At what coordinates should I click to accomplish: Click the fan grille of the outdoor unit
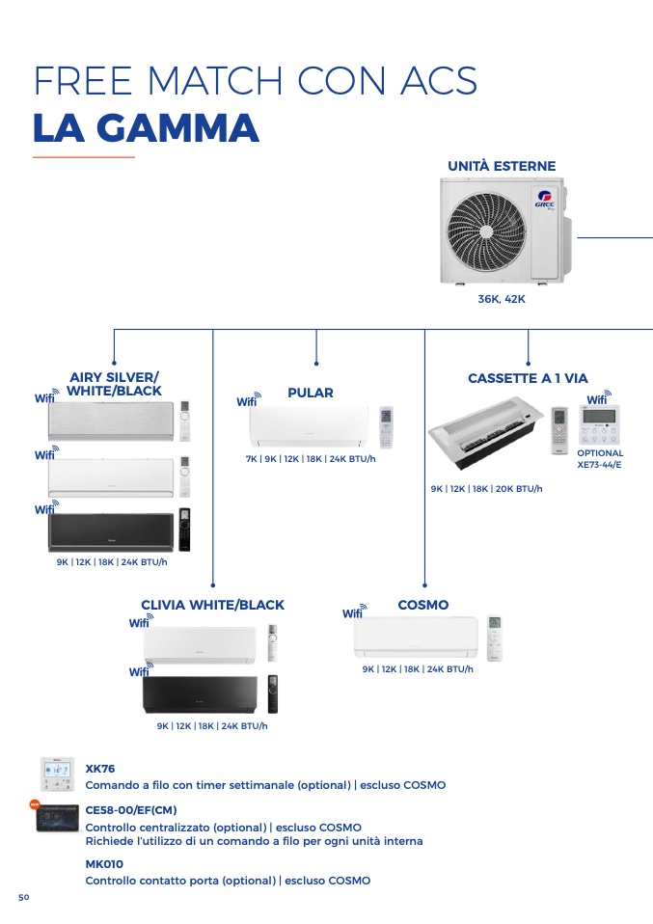[485, 231]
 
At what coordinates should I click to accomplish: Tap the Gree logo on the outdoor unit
[545, 200]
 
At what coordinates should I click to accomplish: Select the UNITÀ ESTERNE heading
[502, 166]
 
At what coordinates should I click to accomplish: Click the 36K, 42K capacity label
[502, 299]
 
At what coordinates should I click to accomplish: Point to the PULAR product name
[310, 393]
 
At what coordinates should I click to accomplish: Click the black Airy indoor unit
[111, 532]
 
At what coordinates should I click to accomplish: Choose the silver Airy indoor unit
[111, 421]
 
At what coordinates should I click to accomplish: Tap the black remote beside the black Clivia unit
[272, 694]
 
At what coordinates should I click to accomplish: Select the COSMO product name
[423, 605]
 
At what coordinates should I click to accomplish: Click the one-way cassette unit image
[485, 432]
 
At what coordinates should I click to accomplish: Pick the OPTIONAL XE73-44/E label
[600, 458]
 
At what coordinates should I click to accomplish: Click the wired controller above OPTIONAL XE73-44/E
[599, 424]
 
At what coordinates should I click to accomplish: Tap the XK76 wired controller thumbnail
[58, 775]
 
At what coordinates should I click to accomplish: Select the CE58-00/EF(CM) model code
[131, 810]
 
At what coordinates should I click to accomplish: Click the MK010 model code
[104, 864]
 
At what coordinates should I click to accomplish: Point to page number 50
[23, 897]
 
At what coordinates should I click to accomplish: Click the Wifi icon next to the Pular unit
[248, 399]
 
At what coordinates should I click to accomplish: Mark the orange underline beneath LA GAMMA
[84, 157]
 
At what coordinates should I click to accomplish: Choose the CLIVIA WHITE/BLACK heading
[212, 605]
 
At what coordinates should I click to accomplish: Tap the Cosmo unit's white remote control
[495, 638]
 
